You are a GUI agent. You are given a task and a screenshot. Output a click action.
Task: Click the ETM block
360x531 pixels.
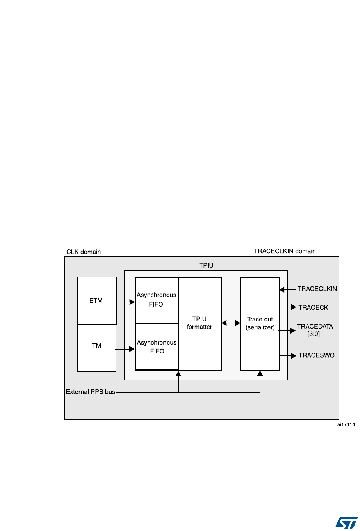pos(97,300)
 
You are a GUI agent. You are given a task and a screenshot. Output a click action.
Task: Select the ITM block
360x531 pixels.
pos(97,347)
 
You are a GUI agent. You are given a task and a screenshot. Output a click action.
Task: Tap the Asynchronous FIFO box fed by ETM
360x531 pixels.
pos(157,300)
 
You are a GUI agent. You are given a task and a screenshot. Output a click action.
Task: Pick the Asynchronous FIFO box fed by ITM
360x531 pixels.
pos(157,346)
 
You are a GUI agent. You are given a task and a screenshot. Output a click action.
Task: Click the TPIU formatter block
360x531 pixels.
pos(200,323)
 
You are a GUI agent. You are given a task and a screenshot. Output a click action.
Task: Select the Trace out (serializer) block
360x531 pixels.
pos(260,323)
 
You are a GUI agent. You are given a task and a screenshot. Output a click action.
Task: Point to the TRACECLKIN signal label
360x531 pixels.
pos(317,289)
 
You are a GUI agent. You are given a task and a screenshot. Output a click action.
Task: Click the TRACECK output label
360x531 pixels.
pos(313,307)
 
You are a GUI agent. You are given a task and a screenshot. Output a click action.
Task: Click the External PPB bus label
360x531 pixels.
pos(90,392)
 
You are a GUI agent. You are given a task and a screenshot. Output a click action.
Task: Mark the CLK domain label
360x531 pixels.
pos(83,252)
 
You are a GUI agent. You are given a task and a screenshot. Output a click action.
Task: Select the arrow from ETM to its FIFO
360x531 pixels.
pos(125,302)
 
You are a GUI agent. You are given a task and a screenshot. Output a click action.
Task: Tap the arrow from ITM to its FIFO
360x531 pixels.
pos(125,350)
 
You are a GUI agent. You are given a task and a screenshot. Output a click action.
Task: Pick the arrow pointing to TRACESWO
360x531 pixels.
pos(287,355)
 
